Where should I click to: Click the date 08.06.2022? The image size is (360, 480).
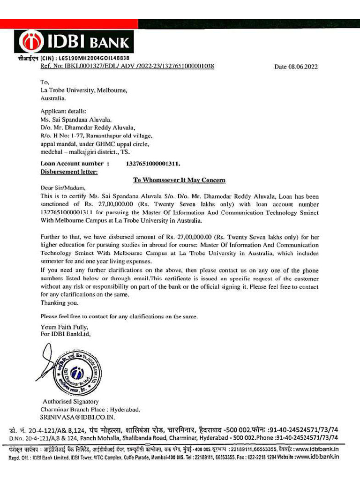(x=296, y=67)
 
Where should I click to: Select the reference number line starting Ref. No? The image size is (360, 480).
(x=127, y=66)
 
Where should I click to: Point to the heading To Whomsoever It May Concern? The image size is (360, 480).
(x=180, y=180)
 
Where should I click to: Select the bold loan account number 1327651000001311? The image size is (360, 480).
(x=153, y=164)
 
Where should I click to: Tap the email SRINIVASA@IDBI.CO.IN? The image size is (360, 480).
(x=77, y=417)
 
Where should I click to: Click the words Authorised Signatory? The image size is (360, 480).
(x=71, y=402)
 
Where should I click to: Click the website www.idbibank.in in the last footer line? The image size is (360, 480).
(x=317, y=456)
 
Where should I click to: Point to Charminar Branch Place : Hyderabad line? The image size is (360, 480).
(x=90, y=409)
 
